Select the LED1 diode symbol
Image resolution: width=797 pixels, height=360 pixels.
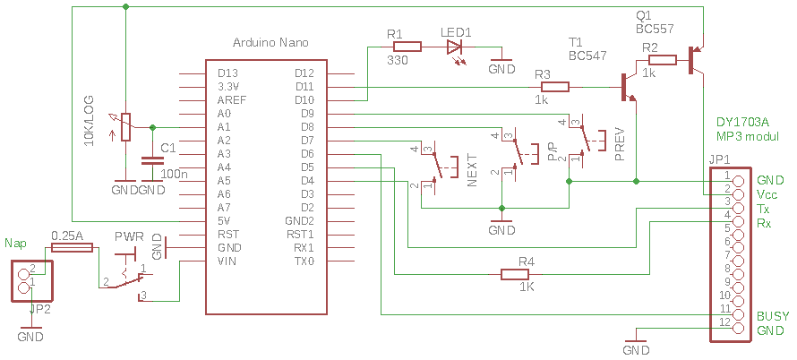click(453, 47)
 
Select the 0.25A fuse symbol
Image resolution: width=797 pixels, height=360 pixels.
click(73, 248)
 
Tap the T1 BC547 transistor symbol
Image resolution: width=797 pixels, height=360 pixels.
click(629, 88)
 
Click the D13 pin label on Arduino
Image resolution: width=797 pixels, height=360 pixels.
click(227, 73)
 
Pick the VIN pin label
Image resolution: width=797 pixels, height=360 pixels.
click(227, 261)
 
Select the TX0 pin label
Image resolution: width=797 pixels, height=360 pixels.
click(304, 261)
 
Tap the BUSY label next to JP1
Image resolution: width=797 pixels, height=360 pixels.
click(773, 316)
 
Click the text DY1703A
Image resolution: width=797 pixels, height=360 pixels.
click(742, 123)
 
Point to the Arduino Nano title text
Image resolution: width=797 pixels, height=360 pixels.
click(270, 43)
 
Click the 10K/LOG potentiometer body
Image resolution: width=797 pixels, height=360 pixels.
click(125, 126)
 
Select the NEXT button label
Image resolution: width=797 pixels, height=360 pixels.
click(472, 171)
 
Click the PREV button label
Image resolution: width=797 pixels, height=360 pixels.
click(620, 145)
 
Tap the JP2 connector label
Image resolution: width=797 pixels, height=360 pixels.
click(39, 308)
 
